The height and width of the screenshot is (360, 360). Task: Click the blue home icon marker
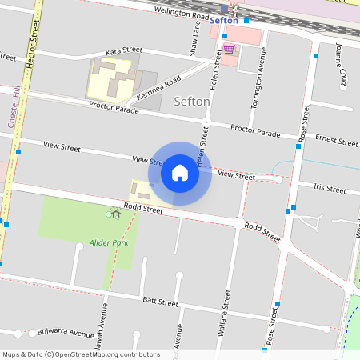tap(180, 173)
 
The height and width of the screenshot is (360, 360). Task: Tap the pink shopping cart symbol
tap(230, 50)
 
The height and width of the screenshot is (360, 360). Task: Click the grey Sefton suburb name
tap(192, 102)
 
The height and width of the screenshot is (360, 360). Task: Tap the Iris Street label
tap(330, 190)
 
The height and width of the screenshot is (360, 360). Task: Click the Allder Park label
tap(109, 242)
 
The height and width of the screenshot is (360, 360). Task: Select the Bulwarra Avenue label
tap(66, 332)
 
